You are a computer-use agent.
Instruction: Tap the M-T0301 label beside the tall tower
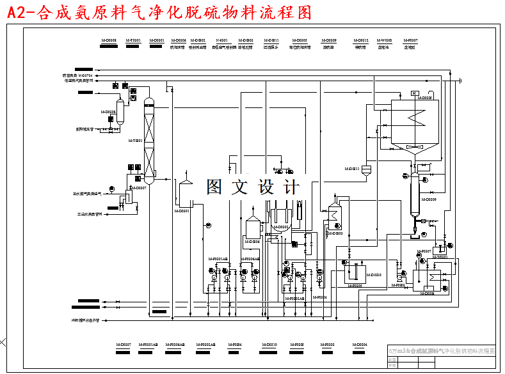tap(135, 141)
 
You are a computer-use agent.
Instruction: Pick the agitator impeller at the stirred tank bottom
tap(413, 148)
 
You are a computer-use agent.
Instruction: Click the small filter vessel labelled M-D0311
tap(365, 169)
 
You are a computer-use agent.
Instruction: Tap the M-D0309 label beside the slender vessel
tap(428, 199)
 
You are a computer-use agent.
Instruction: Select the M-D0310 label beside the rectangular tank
tap(373, 274)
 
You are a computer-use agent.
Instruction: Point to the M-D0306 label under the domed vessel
tap(251, 242)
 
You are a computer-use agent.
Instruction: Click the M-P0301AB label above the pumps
tap(218, 258)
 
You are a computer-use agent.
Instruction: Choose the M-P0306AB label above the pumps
tap(250, 258)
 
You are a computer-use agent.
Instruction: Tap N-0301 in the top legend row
tap(222, 40)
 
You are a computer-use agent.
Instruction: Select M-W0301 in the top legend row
tap(385, 40)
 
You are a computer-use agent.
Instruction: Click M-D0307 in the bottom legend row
tap(124, 345)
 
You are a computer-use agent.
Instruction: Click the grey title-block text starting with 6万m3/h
tap(442, 351)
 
